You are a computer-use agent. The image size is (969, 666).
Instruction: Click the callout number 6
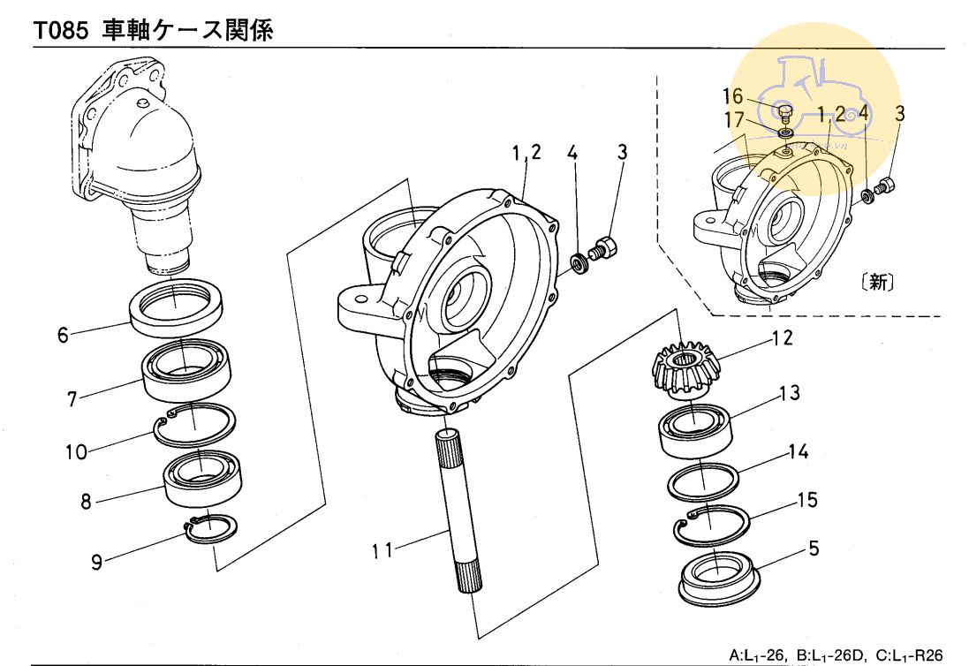[x=64, y=337]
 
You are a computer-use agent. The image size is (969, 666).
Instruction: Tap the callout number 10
[x=75, y=452]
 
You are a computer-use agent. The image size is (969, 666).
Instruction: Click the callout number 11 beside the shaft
[x=382, y=550]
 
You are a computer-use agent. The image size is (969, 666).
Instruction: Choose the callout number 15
[x=807, y=500]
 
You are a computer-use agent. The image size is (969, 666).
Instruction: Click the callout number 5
[x=813, y=549]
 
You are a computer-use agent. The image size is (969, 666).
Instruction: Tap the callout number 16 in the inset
[x=733, y=96]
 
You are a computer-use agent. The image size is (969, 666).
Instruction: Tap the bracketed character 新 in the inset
[x=876, y=284]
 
